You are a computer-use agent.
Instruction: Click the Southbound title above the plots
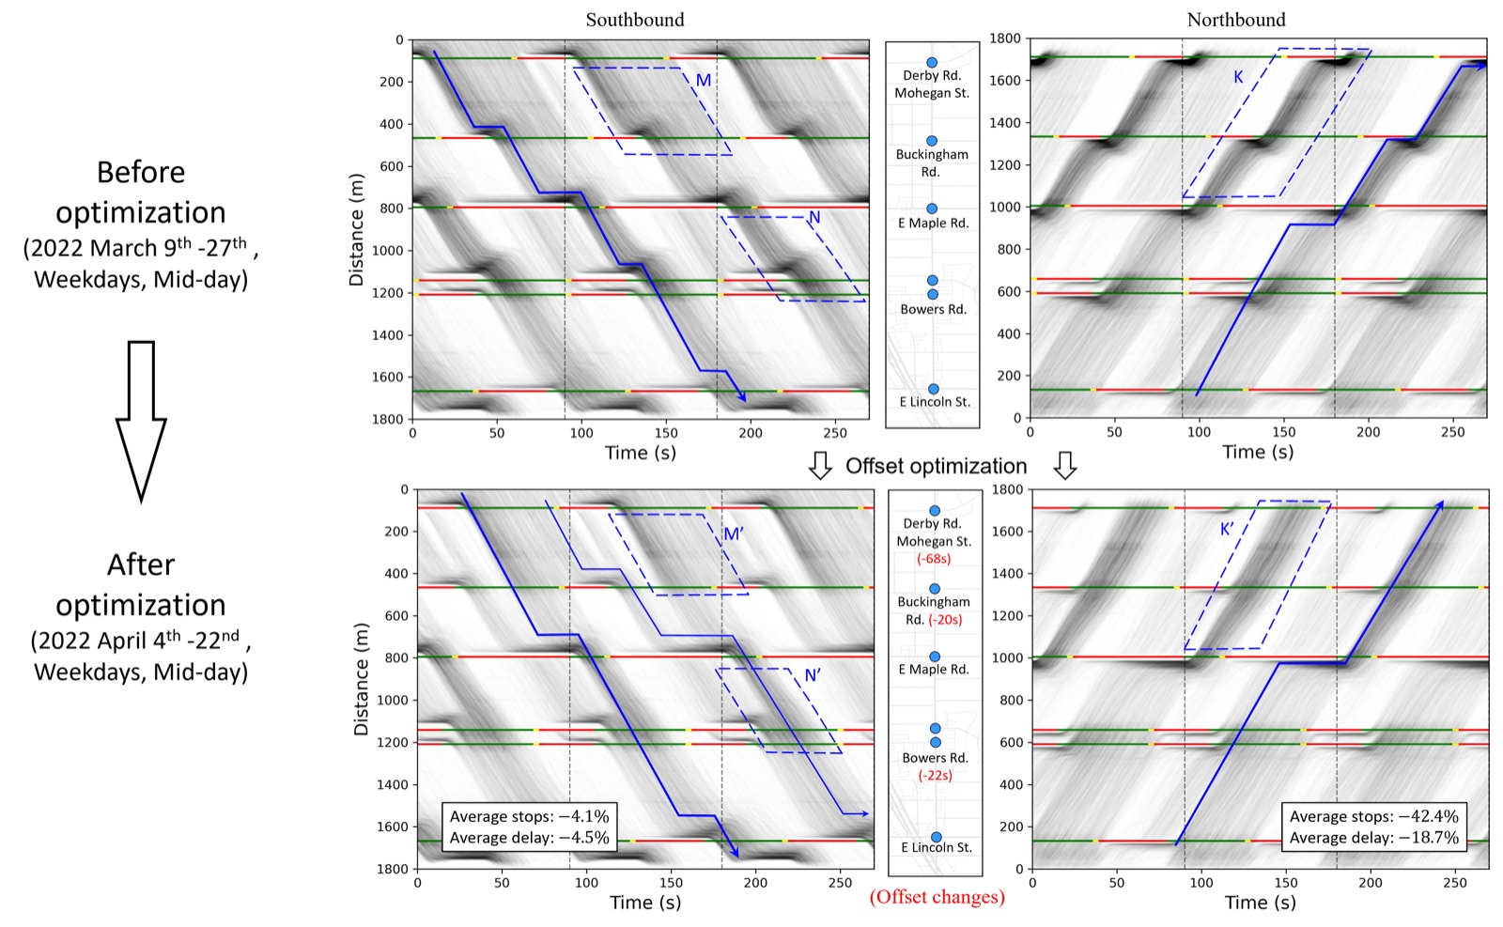[x=635, y=20]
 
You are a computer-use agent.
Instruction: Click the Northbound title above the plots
[x=1236, y=20]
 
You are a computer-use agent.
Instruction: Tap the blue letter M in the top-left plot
[x=704, y=81]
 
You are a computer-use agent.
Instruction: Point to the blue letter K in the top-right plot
[x=1238, y=77]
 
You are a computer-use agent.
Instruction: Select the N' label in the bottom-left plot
[x=813, y=674]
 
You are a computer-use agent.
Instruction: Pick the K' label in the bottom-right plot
[x=1227, y=529]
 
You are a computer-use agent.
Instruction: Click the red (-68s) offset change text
[x=934, y=558]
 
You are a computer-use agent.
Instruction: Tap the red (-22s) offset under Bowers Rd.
[x=935, y=775]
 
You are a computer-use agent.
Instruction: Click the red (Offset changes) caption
[x=937, y=897]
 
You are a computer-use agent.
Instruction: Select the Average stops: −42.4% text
[x=1373, y=816]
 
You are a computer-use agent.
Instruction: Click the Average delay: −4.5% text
[x=530, y=838]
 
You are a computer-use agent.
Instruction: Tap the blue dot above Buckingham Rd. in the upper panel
[x=931, y=141]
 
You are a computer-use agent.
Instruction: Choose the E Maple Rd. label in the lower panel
[x=934, y=670]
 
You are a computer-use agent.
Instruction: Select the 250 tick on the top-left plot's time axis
[x=835, y=433]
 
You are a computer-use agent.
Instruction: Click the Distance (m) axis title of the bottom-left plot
[x=362, y=679]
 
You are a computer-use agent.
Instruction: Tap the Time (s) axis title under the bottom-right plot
[x=1260, y=903]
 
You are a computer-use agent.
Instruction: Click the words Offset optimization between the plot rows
[x=936, y=466]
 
